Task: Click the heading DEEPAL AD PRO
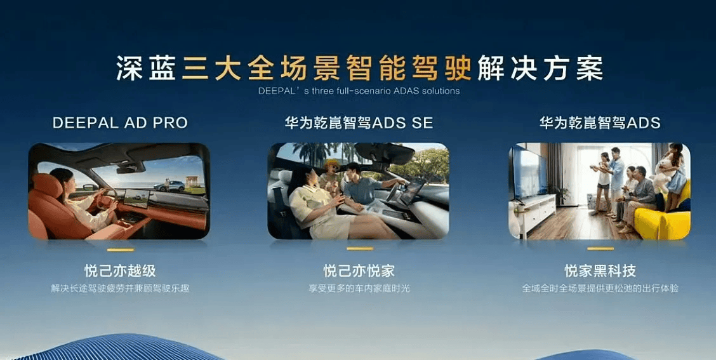[x=120, y=123]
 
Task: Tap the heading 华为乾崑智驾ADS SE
[x=359, y=123]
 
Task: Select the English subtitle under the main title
[x=359, y=90]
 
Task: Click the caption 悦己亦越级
[x=120, y=271]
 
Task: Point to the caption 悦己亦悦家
[x=359, y=271]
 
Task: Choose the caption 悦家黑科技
[x=600, y=271]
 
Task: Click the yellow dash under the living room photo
[x=600, y=248]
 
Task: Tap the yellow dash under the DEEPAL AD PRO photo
[x=121, y=250]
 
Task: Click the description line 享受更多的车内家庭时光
[x=359, y=289]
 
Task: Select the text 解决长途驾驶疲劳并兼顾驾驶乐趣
[x=120, y=289]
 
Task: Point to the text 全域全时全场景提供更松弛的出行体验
[x=600, y=289]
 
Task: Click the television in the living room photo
[x=528, y=173]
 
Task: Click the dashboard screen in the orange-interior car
[x=136, y=198]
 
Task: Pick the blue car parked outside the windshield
[x=169, y=186]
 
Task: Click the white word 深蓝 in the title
[x=145, y=68]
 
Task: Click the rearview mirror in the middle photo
[x=385, y=154]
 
